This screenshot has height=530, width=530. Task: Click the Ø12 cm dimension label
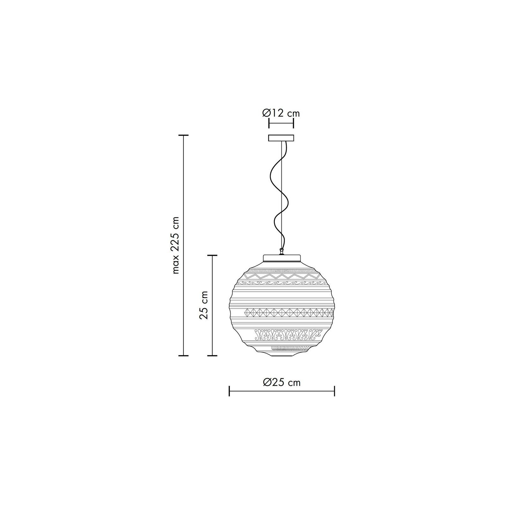pos(281,113)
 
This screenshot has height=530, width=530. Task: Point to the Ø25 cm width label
pos(281,382)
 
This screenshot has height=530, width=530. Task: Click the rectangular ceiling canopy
pos(281,138)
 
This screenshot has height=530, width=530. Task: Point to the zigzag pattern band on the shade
pos(281,277)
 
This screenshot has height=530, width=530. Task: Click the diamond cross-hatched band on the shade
pos(288,313)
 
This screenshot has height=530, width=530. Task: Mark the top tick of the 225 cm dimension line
pos(183,135)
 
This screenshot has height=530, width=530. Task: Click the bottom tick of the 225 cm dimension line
pos(183,355)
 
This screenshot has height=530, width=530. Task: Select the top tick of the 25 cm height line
pos(212,255)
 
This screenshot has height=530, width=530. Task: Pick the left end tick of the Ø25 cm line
pos(229,391)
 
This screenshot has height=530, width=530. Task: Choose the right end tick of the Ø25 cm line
pos(334,391)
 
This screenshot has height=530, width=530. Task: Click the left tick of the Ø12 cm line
pos(269,123)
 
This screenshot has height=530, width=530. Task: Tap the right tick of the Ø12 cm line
pos(293,123)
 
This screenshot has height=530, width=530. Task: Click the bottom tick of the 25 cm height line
pos(212,355)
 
